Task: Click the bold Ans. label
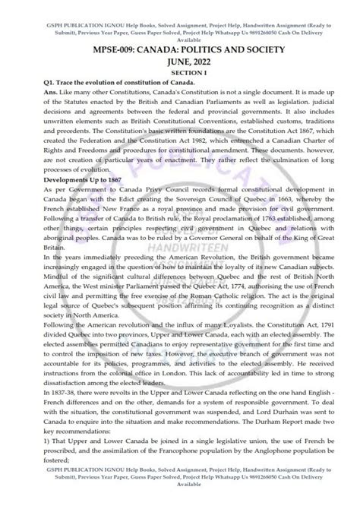point(34,98)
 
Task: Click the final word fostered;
point(39,481)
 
